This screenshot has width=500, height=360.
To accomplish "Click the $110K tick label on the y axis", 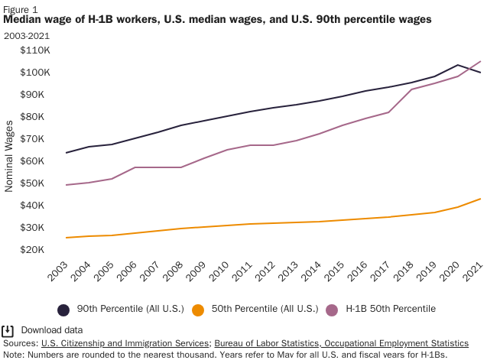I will (x=36, y=50).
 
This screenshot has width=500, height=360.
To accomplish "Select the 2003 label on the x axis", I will (x=58, y=271).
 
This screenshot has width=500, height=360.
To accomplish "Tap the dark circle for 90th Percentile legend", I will (x=64, y=310).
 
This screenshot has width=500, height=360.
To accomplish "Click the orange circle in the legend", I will (x=198, y=310).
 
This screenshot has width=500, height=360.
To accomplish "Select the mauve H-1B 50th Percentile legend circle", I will (x=332, y=310).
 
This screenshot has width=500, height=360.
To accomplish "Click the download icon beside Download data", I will (x=8, y=331).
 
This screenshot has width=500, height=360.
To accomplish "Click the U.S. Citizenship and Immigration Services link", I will (x=125, y=344).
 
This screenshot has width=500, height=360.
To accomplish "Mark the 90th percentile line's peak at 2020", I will (x=457, y=65).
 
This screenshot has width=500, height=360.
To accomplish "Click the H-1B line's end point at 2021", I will (x=480, y=61).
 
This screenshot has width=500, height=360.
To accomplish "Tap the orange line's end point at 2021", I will (x=480, y=199).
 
